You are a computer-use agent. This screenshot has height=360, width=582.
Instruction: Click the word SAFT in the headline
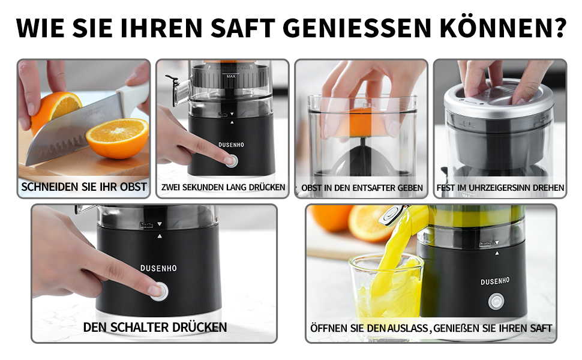pos(243,27)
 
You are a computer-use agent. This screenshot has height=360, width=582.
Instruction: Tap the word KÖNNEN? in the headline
pos(503,27)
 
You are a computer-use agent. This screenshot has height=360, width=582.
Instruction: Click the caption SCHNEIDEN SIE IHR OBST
pos(84,187)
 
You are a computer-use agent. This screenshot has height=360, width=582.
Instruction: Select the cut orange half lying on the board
pos(117,138)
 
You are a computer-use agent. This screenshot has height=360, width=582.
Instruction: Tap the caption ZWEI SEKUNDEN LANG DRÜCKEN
pos(223,187)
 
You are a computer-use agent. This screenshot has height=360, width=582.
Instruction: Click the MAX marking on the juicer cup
pos(231,76)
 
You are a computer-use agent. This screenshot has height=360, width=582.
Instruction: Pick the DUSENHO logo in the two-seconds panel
pos(231,145)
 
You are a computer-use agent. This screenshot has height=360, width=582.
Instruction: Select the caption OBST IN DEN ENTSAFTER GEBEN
pos(362,188)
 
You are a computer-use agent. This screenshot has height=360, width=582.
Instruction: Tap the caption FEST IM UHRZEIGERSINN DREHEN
pos(500,188)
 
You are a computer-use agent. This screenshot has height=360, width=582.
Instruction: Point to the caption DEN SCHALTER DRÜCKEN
pos(155,328)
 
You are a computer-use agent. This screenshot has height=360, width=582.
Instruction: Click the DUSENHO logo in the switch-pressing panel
pos(158,268)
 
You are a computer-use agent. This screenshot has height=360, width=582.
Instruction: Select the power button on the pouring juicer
pos(496,301)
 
